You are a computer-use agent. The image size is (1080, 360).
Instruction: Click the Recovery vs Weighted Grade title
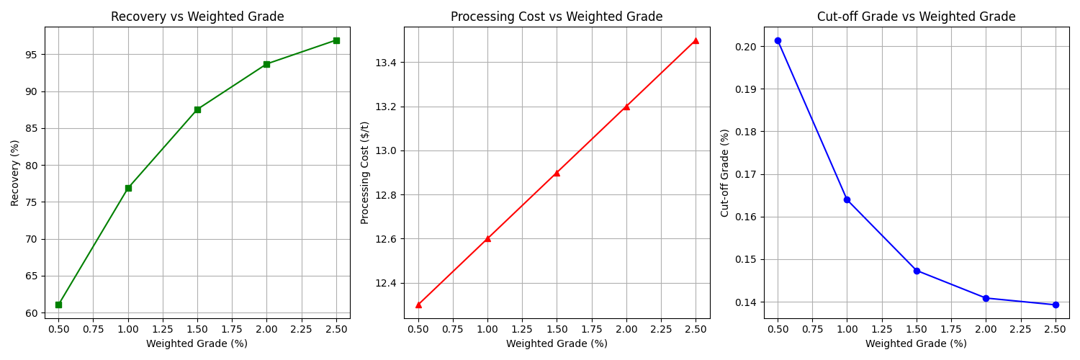[x=197, y=17]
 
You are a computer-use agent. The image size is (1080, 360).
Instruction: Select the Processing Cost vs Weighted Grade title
[x=557, y=17]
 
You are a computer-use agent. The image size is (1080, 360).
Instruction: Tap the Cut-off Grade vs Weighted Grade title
[x=916, y=17]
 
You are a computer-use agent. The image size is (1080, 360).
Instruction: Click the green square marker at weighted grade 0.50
[x=58, y=305]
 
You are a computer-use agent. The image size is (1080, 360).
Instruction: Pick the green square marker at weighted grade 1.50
[x=197, y=109]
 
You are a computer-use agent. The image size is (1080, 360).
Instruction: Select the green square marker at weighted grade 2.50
[x=336, y=40]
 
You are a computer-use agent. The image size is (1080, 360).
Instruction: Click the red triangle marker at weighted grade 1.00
[x=487, y=238]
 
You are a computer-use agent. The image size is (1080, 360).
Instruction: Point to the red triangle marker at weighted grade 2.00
[x=626, y=107]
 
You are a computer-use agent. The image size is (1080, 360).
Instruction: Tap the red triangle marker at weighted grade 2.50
[x=696, y=40]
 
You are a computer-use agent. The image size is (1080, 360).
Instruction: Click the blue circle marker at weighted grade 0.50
[x=778, y=40]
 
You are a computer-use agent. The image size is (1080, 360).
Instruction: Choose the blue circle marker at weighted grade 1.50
[x=917, y=271]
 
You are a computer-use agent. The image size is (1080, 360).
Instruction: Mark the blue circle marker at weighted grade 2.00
[x=986, y=298]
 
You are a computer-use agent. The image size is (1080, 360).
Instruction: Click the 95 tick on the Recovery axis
[x=32, y=55]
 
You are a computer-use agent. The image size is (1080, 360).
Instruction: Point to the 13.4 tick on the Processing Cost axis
[x=386, y=63]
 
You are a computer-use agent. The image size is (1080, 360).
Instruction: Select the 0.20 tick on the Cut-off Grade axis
[x=745, y=47]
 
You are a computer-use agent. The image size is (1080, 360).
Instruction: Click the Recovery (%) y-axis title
[x=15, y=173]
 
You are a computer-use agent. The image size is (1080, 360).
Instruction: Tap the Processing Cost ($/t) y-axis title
[x=365, y=173]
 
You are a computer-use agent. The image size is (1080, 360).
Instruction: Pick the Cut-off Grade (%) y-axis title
[x=725, y=173]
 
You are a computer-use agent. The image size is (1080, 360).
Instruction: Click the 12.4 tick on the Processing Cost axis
[x=386, y=283]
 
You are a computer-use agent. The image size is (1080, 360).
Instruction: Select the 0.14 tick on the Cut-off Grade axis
[x=745, y=302]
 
